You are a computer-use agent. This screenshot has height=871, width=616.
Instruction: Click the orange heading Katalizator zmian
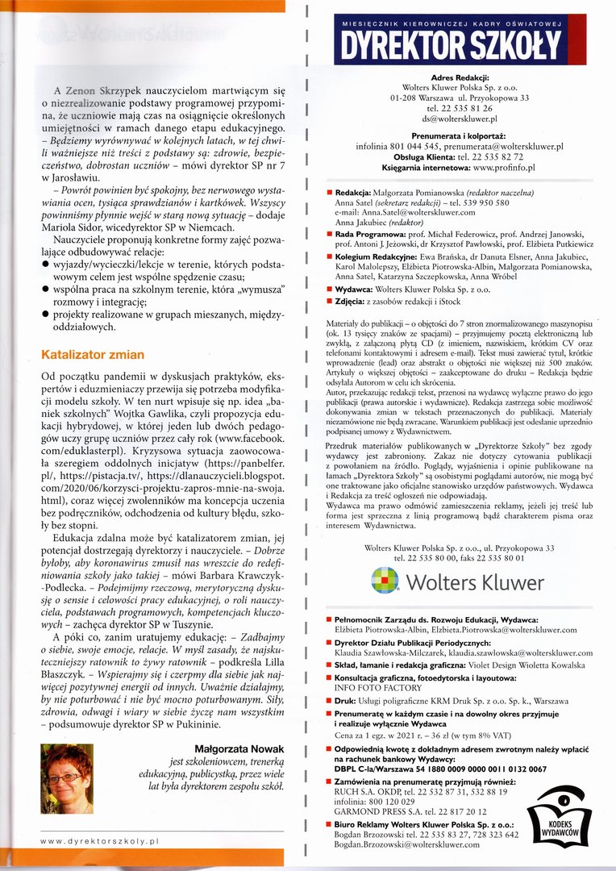pyautogui.click(x=93, y=354)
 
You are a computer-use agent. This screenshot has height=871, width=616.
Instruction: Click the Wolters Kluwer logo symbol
pyautogui.click(x=385, y=581)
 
